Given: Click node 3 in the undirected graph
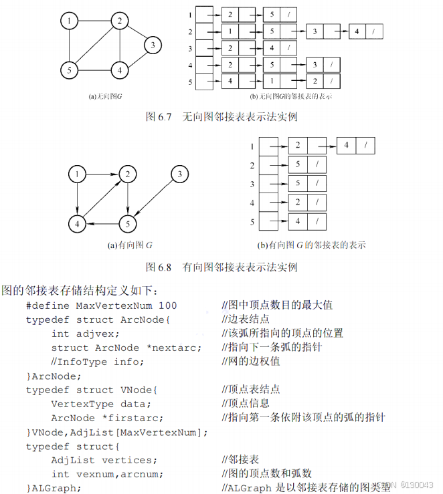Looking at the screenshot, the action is pos(153,45).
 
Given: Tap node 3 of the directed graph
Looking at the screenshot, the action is pos(179,175).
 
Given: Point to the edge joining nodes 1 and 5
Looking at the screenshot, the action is pos(69,45).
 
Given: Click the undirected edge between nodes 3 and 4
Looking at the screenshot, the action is pos(137,57).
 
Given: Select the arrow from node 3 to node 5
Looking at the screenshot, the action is pos(154,198).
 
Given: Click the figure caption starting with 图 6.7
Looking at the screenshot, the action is pos(221,117).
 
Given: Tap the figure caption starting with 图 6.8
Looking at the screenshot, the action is pos(221,267).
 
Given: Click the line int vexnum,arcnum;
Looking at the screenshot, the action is pos(106,474).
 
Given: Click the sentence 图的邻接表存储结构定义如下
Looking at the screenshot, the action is pos(80,291).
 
